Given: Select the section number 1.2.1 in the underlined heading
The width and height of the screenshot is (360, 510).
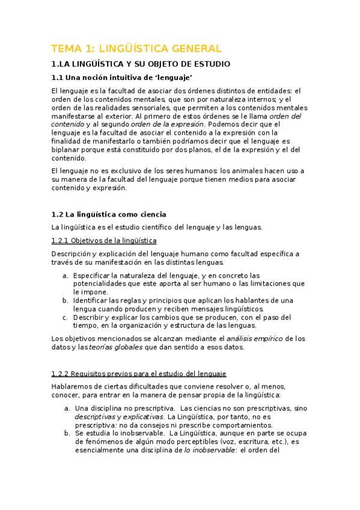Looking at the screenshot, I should click(x=61, y=241).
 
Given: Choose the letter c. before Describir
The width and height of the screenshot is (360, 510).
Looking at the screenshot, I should click(x=65, y=317).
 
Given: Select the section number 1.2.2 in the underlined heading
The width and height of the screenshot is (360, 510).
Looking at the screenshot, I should click(x=61, y=373).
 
